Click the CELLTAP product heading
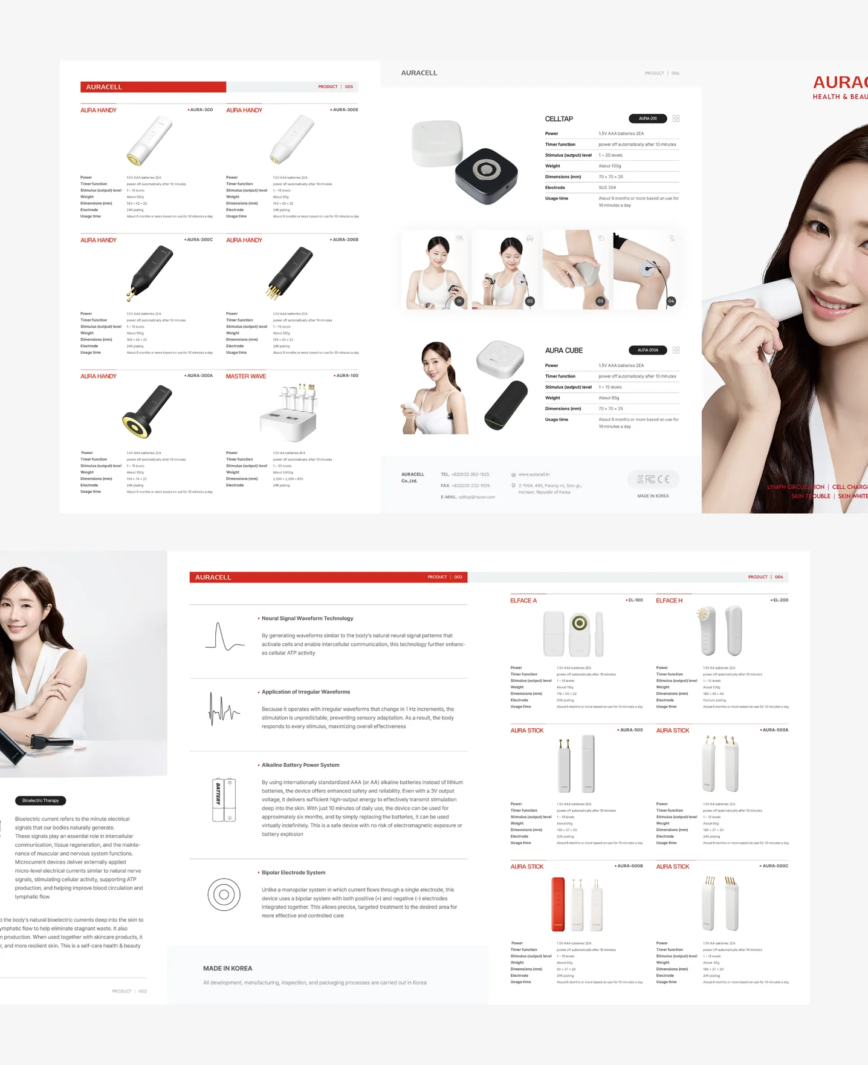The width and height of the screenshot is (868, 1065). [x=559, y=119]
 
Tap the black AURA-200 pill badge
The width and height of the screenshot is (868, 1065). [x=647, y=119]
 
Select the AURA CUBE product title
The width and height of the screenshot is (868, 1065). [x=563, y=351]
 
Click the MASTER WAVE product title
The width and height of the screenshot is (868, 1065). [x=245, y=376]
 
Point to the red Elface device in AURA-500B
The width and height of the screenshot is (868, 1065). [x=557, y=904]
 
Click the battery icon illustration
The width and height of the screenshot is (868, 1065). [x=224, y=800]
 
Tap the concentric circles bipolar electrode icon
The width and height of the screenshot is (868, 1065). [x=224, y=894]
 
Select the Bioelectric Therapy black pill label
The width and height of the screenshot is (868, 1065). [x=40, y=801]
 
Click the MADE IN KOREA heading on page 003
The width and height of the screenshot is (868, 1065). [x=227, y=968]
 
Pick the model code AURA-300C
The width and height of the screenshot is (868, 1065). [x=199, y=240]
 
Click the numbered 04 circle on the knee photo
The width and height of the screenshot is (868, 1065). [x=671, y=301]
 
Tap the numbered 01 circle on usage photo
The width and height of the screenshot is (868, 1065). [x=459, y=301]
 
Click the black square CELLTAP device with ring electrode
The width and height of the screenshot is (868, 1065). [x=487, y=174]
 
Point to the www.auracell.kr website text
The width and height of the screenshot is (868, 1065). [x=534, y=475]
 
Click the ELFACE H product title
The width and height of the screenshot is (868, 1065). [x=669, y=601]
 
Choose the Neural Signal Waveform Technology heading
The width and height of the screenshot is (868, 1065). [x=307, y=618]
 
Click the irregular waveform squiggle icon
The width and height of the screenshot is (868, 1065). [x=224, y=709]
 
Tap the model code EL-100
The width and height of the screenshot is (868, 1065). [x=635, y=600]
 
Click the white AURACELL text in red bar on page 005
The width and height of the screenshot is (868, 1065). [x=104, y=87]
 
